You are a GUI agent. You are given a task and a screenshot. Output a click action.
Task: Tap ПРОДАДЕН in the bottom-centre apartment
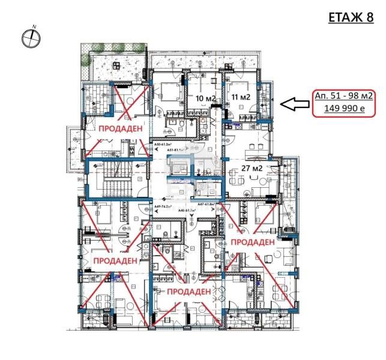point(188,291)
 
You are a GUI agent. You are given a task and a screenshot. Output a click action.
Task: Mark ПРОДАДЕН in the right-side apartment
point(253,241)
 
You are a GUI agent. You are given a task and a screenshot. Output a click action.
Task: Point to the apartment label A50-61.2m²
point(164,145)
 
